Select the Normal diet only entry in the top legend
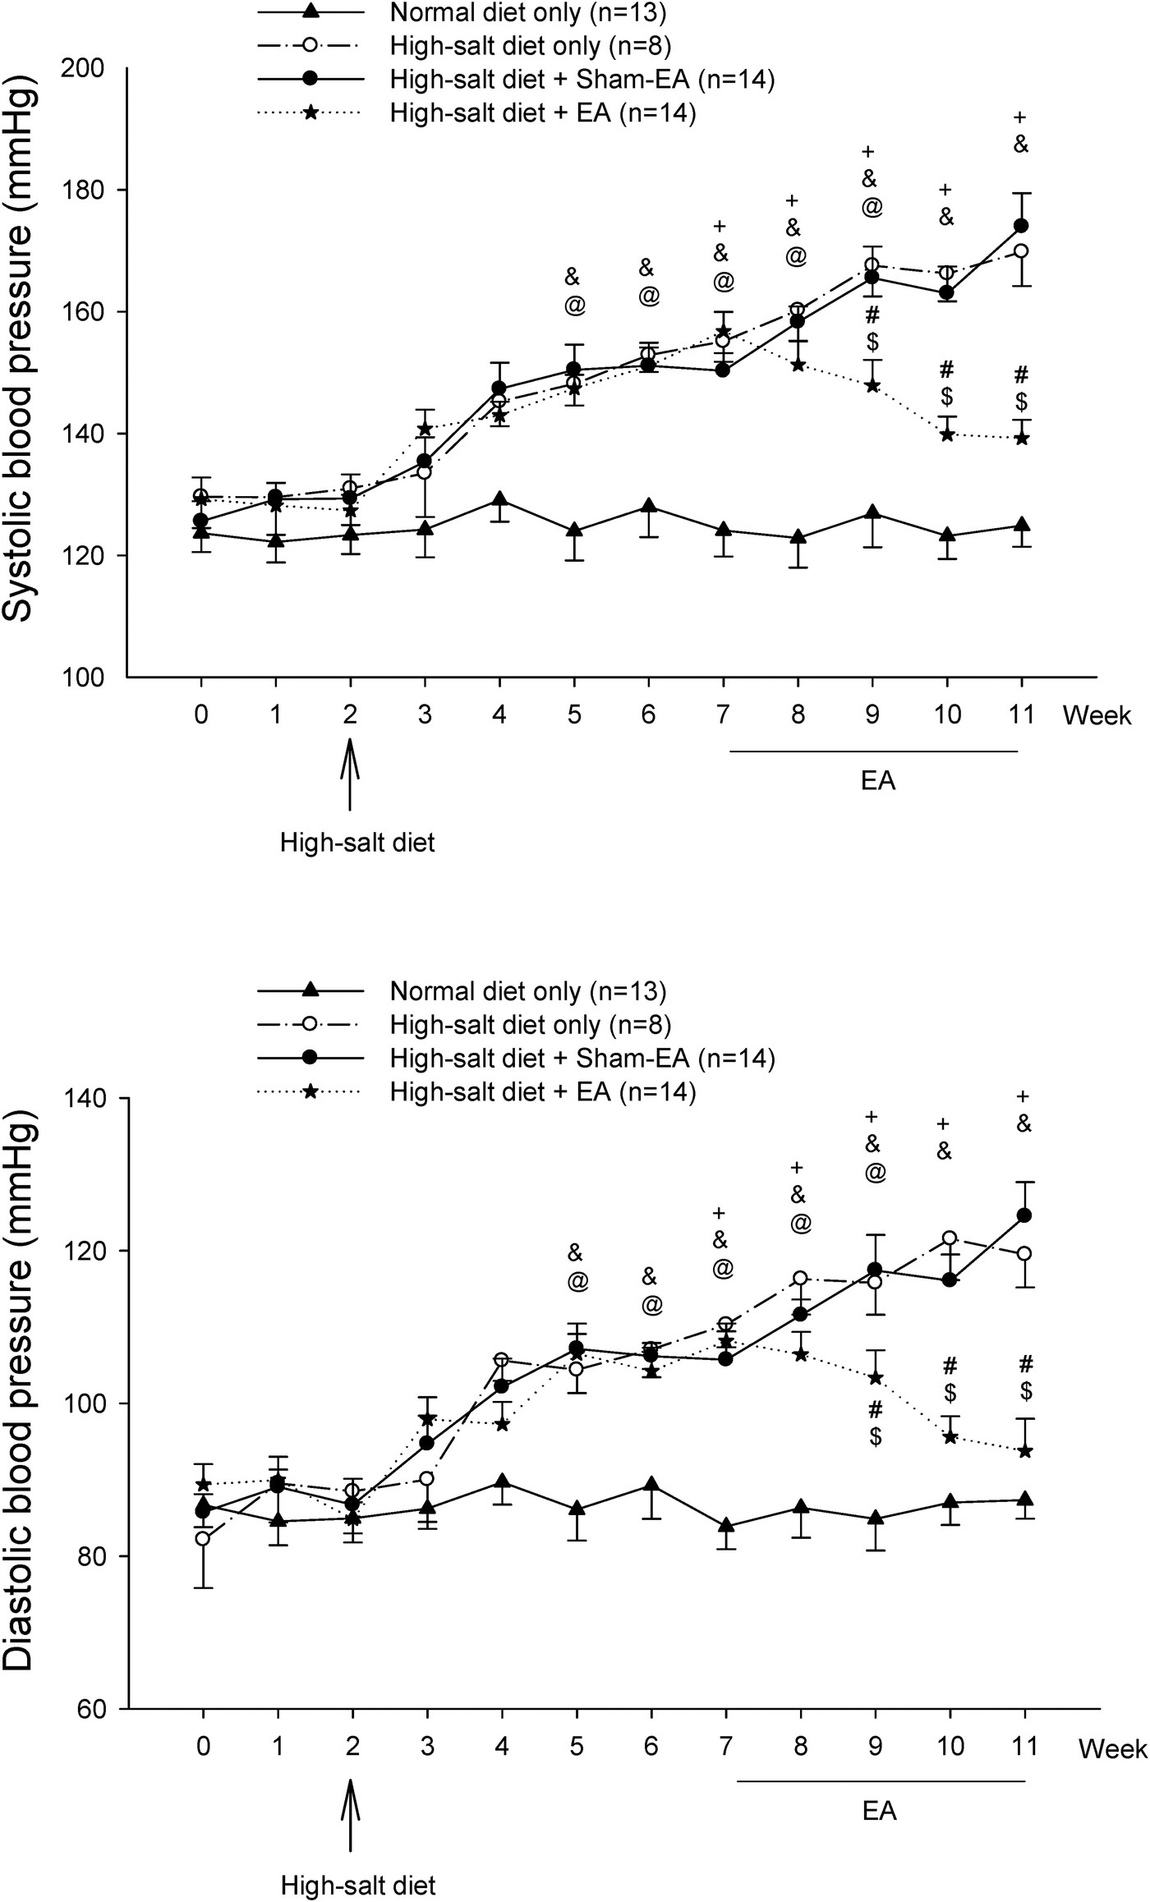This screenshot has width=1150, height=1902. pos(527,14)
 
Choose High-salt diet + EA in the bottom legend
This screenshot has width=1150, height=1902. pos(542,1092)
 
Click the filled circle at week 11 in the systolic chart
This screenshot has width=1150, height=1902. pos(1022,225)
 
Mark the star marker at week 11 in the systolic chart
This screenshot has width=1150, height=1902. pos(1022,439)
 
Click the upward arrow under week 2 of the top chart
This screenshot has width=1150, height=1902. pos(351,773)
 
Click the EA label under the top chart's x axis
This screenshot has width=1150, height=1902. pos(877,781)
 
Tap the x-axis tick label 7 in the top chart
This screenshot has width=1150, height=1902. pos(723,715)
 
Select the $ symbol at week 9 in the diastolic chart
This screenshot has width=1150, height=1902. pos(876,1437)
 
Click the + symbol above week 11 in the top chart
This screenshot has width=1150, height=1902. pos(1021,116)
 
